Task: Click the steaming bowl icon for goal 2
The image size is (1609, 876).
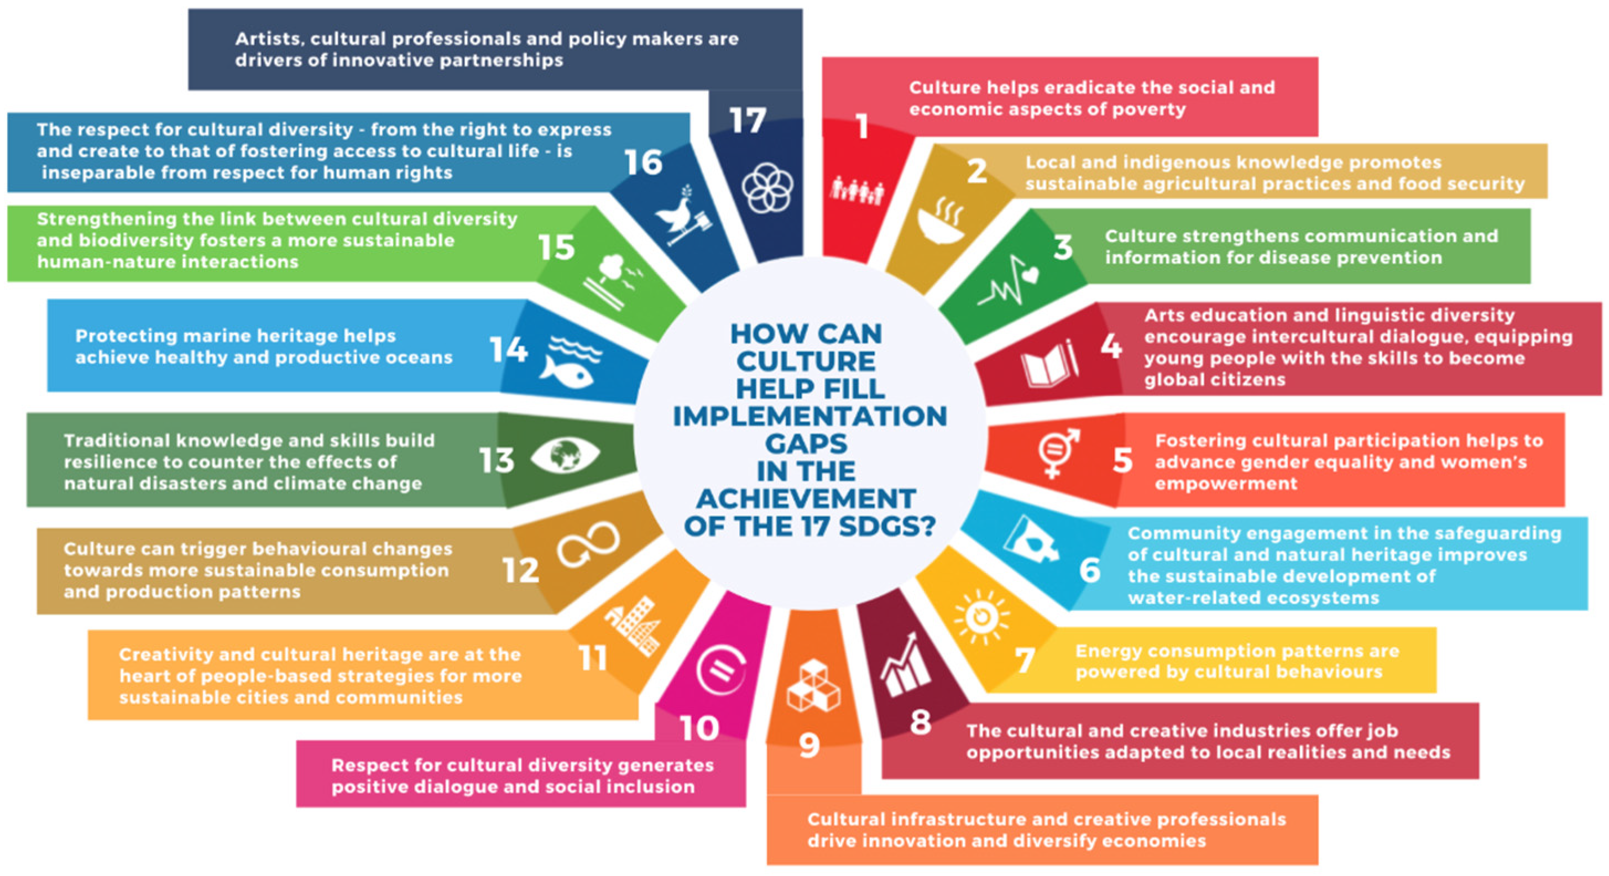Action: click(x=941, y=222)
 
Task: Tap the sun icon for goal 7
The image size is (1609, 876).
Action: click(x=981, y=617)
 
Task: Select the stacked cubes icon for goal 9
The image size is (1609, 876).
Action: click(x=813, y=685)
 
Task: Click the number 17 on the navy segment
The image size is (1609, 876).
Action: click(x=747, y=120)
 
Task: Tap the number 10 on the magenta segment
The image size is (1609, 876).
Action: click(x=699, y=728)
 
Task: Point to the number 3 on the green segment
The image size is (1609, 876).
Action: click(x=1063, y=247)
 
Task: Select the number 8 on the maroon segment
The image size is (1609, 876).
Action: click(x=920, y=722)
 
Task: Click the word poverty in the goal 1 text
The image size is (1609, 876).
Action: click(x=1147, y=109)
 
